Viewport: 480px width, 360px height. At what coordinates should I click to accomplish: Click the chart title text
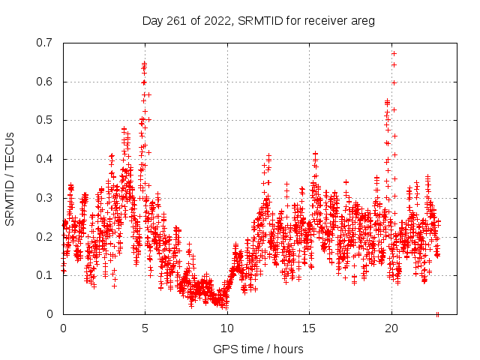[258, 20]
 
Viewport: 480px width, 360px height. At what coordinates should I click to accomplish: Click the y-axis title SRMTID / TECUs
[10, 178]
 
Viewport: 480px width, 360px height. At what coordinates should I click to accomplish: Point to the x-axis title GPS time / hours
[258, 349]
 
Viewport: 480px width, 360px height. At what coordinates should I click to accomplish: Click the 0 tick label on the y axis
[52, 314]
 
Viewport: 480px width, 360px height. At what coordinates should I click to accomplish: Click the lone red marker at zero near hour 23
[437, 314]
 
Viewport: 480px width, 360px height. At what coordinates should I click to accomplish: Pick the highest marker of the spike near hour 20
[394, 53]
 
